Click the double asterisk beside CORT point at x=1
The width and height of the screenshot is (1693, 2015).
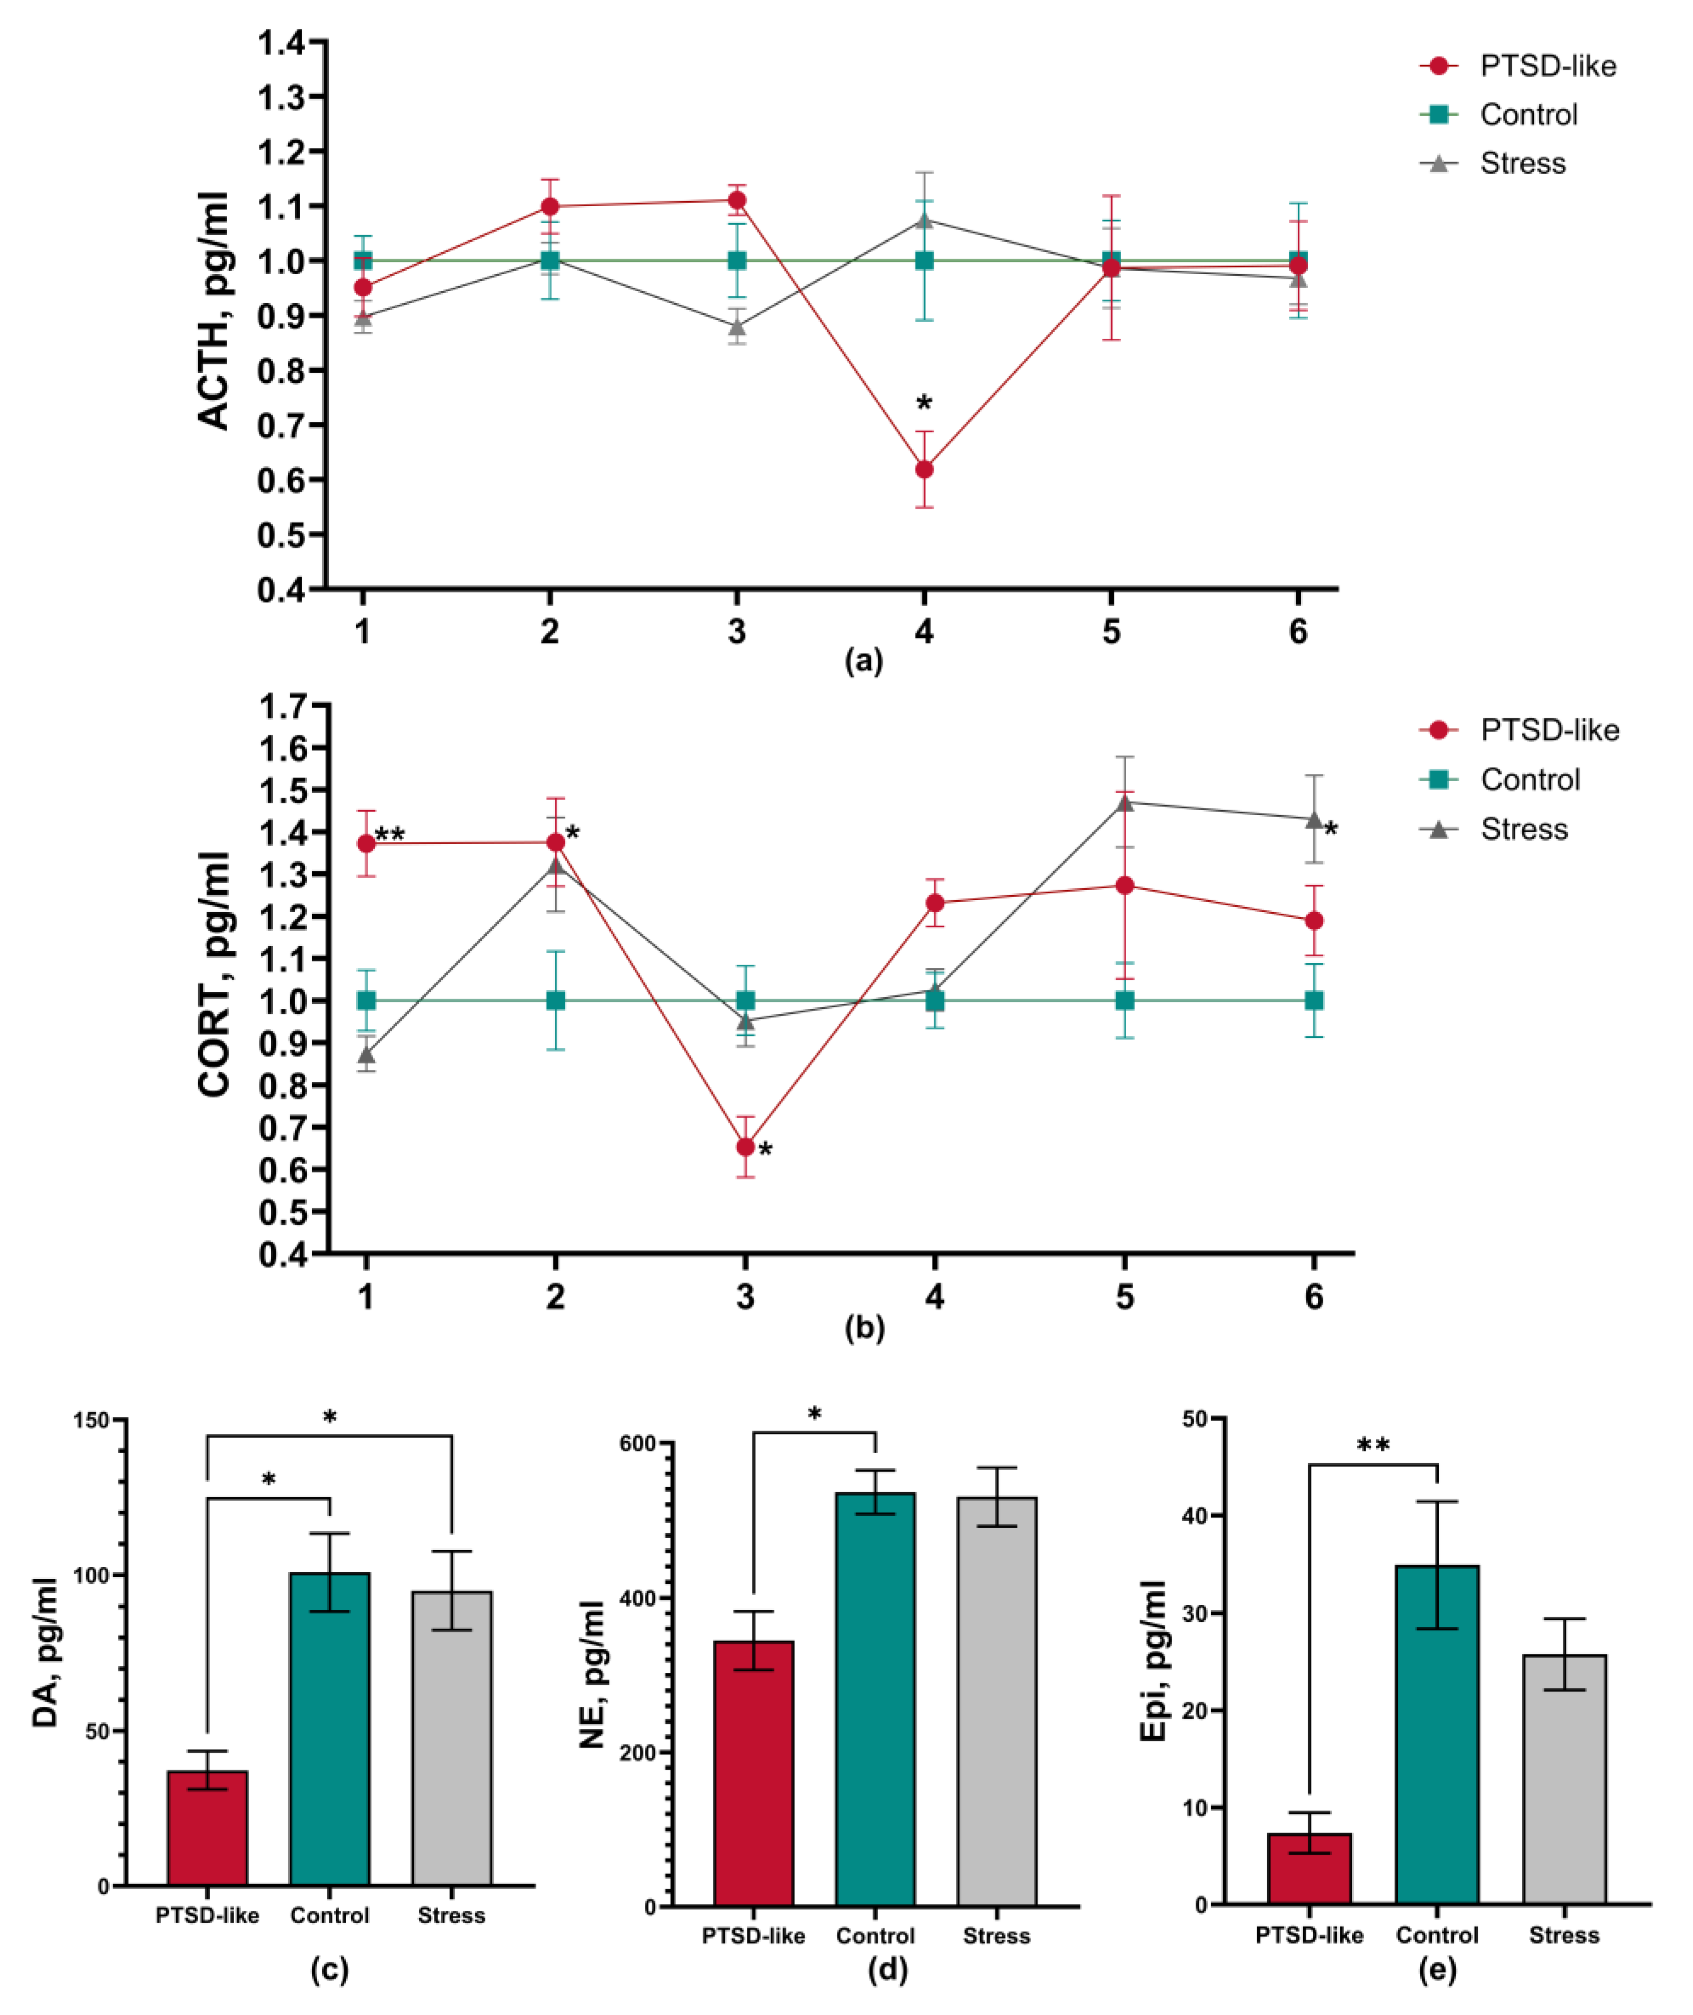[x=390, y=835]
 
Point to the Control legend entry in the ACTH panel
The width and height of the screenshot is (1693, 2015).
[x=1528, y=114]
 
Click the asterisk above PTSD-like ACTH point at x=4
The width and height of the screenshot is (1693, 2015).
[x=924, y=404]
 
